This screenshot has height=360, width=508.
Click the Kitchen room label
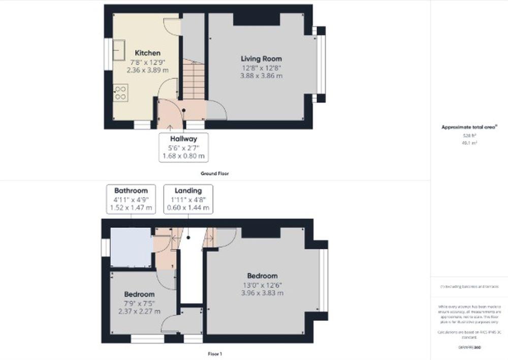coord(147,53)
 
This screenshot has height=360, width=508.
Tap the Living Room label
coord(261,59)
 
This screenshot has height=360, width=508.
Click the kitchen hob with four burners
coord(121,92)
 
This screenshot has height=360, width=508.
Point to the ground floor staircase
coord(193,79)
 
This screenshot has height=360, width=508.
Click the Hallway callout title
coord(183,138)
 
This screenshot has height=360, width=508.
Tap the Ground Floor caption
coord(214,173)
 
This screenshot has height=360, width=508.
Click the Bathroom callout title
coord(131,191)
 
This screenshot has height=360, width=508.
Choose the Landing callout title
coord(188,191)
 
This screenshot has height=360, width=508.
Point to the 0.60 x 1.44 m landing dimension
coord(188,208)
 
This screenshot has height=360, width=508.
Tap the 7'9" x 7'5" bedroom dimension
coord(139,304)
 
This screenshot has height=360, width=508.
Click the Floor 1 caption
coord(214,354)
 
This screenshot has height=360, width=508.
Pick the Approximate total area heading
coord(469,127)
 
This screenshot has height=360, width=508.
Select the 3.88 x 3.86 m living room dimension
coord(261,76)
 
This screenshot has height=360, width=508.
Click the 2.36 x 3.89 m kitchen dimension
coord(147,70)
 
